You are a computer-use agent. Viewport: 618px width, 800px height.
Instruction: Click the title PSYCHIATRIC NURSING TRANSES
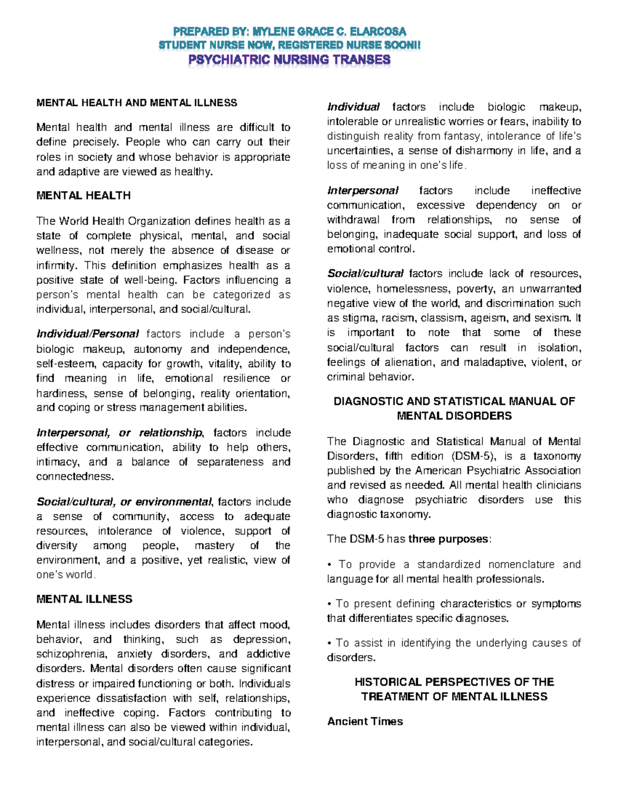289,60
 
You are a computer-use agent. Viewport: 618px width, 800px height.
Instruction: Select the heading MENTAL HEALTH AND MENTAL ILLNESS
136,103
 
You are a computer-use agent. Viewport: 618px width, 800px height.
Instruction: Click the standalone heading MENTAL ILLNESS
84,599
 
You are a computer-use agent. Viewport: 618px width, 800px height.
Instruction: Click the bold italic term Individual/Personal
88,334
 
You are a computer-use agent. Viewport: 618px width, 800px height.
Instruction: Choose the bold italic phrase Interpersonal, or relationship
119,433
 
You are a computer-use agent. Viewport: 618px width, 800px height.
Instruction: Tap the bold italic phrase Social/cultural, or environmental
124,502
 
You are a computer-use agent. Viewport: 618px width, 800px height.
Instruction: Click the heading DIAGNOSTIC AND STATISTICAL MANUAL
454,401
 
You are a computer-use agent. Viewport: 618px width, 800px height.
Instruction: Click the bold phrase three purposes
448,539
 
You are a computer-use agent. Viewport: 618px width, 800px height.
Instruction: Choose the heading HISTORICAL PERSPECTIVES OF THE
454,682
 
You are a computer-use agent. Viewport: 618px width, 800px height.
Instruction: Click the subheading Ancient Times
365,722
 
